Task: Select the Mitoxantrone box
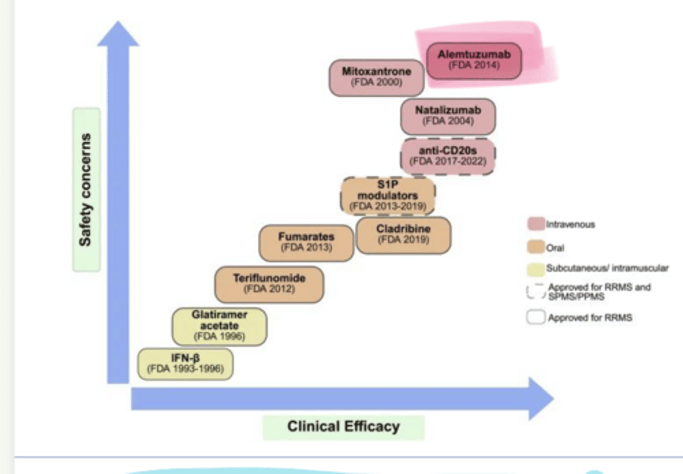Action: (377, 77)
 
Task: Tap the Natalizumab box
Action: (448, 116)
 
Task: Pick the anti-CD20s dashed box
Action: (448, 156)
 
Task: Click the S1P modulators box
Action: (388, 195)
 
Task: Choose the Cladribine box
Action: (403, 234)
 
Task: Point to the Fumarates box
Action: (306, 242)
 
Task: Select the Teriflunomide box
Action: (269, 284)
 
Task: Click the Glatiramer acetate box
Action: (219, 326)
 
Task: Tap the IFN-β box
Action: (185, 364)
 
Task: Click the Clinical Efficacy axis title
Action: (343, 427)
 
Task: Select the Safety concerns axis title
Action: (86, 190)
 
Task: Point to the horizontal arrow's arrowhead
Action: (541, 399)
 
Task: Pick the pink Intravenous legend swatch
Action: (535, 224)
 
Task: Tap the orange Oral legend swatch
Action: (535, 247)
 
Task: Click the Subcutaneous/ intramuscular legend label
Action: (607, 269)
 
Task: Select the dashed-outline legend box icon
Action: (535, 291)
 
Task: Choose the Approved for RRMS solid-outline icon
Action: (535, 317)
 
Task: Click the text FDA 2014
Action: (474, 65)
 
